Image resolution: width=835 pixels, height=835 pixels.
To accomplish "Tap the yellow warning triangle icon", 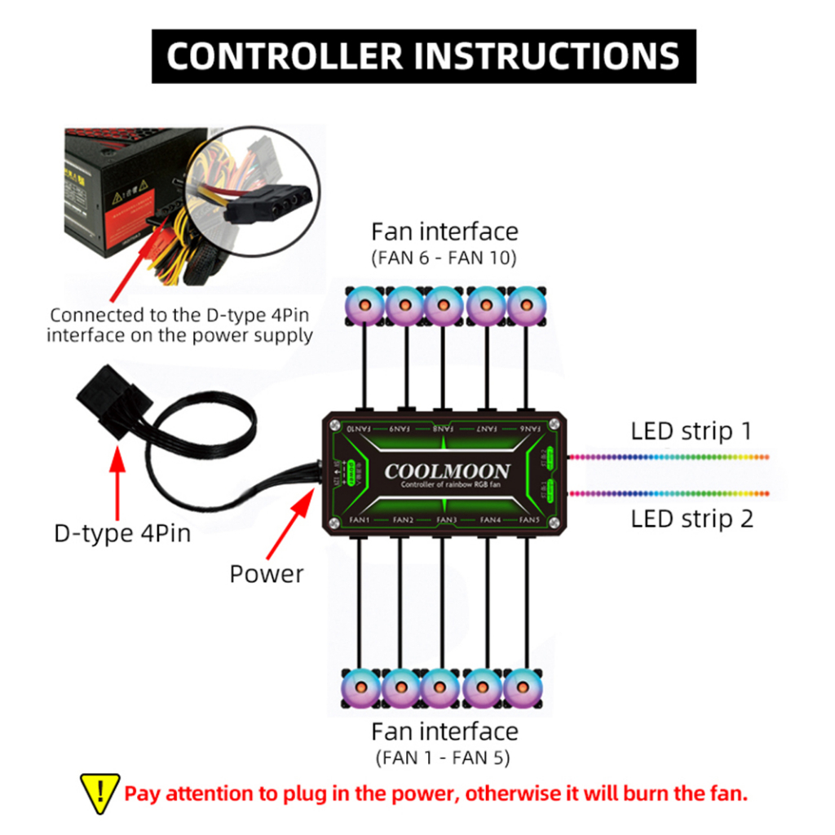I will point(99,792).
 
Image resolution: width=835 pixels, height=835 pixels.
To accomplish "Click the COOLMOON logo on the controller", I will point(446,471).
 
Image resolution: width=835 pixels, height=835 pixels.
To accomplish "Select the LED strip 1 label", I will point(691,431).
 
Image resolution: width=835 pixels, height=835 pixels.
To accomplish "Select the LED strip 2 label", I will point(691,518).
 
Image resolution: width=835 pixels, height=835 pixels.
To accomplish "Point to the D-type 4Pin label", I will point(121,533).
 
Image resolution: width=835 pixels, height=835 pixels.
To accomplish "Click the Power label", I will point(266,573).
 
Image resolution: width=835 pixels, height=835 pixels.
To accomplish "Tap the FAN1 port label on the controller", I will point(360,519).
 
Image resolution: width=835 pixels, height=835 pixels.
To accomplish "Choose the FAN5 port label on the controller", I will point(529,519).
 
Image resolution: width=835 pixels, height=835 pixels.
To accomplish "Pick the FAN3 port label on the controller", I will point(446,519).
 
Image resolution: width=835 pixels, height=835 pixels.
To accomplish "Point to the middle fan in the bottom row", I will point(443,687).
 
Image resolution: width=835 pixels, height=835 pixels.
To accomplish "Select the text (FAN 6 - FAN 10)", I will point(444,258).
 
